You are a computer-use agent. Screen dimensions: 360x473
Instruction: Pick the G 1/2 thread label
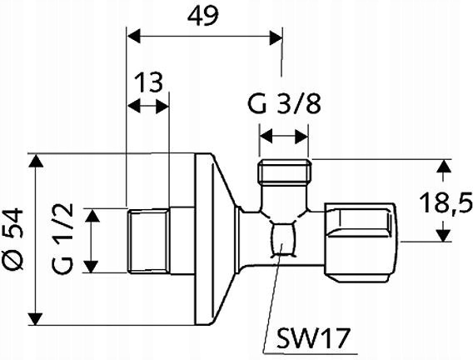[70, 242]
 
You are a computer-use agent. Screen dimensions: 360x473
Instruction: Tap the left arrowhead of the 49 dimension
[133, 37]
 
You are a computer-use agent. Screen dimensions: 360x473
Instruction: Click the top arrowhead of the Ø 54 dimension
[35, 162]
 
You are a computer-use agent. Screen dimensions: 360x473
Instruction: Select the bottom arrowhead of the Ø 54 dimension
[35, 319]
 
